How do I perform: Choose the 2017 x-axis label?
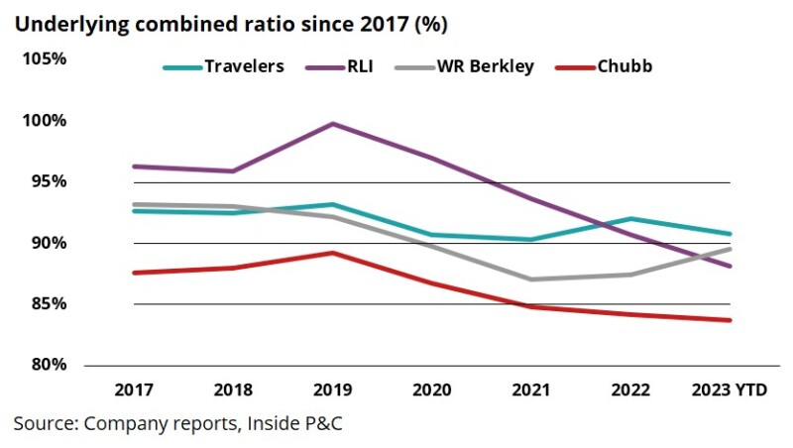point(133,391)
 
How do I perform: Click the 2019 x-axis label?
point(332,391)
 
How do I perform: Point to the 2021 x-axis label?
point(531,391)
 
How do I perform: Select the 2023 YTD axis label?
point(729,391)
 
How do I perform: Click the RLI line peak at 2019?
point(332,124)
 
